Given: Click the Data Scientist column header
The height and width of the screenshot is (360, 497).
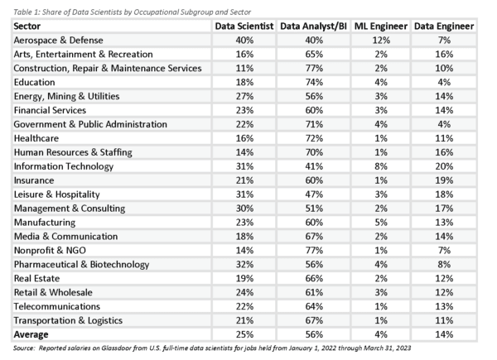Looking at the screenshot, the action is point(244,26).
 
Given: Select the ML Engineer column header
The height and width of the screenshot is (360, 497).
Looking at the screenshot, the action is point(381,26).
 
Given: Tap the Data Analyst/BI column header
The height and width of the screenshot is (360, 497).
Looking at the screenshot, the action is point(313,26).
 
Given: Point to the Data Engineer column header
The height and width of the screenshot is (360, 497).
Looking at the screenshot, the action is point(444,26).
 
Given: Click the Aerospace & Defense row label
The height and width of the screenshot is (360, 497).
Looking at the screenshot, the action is point(58,41).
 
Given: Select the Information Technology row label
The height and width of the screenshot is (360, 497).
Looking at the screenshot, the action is point(64,166).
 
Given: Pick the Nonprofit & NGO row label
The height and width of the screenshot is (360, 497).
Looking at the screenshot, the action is point(50,251).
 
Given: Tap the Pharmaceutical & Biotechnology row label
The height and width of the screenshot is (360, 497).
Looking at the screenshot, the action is point(81,265).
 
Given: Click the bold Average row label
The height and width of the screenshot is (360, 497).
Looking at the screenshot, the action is point(31,334).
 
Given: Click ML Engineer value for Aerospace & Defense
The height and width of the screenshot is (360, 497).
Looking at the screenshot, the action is point(381,41).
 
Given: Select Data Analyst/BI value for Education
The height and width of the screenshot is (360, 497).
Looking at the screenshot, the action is point(314,82).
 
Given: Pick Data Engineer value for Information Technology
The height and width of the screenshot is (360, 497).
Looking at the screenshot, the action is point(444,166).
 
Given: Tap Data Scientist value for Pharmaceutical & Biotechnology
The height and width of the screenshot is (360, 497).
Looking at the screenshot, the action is point(244,264).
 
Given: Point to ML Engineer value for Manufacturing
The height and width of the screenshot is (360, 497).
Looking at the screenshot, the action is point(381,223).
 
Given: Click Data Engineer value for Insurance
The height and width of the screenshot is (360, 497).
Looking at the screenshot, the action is point(444,180).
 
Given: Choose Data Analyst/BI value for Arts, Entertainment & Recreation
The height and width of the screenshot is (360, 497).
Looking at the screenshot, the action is point(314,54).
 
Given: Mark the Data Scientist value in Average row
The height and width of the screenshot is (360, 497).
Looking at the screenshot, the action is point(244,334).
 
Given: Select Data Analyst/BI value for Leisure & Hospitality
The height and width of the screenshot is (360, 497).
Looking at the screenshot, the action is point(314,194).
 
